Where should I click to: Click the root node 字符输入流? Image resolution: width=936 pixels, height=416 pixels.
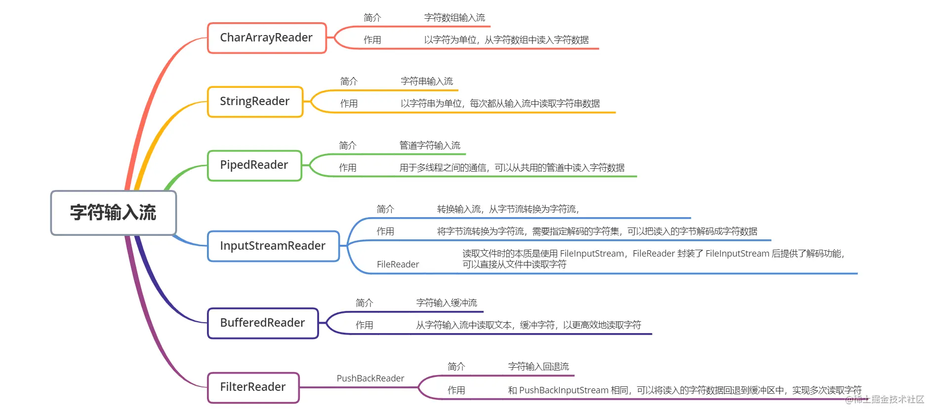pos(114,213)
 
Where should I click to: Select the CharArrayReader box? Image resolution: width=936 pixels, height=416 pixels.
pos(267,38)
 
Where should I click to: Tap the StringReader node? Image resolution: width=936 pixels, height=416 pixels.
pos(255,102)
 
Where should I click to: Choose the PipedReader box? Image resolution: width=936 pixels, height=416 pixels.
pos(254,165)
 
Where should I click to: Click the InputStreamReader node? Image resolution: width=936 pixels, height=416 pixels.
pos(273,246)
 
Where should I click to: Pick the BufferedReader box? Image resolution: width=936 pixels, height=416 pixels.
pos(263,323)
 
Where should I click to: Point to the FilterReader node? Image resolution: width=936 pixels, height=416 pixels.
pos(253,387)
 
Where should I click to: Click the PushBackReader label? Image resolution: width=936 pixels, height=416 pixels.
pos(370,378)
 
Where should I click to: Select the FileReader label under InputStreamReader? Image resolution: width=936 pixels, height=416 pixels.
pos(398,265)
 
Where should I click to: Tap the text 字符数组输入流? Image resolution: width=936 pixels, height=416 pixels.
pos(454,18)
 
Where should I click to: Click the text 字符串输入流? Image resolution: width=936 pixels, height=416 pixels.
pos(427,81)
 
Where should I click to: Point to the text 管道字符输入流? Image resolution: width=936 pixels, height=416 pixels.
pos(430,146)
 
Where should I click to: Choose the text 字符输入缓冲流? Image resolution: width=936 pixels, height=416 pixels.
pos(447,303)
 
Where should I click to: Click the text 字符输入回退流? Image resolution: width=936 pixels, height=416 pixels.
pos(538,367)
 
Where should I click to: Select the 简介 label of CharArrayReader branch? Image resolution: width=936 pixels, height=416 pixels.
pos(372,18)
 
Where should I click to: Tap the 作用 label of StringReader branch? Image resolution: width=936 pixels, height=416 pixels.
pos(349,104)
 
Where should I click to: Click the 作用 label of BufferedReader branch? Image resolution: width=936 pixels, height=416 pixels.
pos(365,325)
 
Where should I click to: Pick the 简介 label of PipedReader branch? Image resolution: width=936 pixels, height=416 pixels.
pos(348,146)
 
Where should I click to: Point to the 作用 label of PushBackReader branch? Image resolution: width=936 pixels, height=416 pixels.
pos(456,390)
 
